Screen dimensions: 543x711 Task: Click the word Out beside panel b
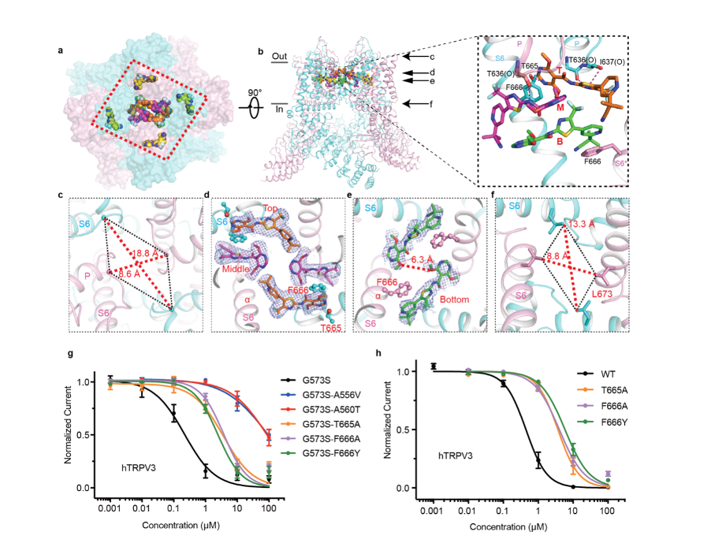[x=278, y=57]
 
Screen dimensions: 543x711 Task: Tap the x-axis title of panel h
[x=519, y=525]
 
